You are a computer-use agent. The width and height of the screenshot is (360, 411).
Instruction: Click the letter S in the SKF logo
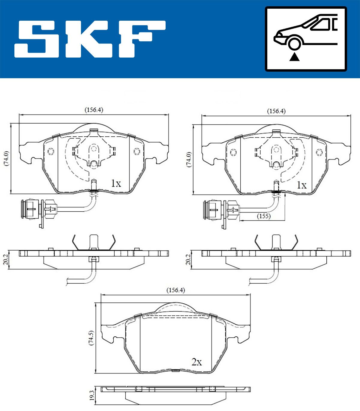(37, 39)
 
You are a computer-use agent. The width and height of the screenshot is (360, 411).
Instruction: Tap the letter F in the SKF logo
(142, 39)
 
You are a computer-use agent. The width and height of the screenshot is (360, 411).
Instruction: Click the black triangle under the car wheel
(295, 57)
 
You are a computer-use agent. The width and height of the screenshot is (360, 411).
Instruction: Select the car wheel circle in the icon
(294, 43)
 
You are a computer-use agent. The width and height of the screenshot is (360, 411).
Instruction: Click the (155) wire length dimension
(264, 216)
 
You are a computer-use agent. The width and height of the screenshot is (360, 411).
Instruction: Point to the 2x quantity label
(196, 362)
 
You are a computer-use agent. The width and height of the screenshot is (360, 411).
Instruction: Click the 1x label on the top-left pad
(116, 183)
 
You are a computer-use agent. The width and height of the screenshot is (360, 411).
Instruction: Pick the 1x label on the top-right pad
(302, 185)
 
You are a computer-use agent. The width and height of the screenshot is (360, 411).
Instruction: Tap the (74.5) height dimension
(91, 338)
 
